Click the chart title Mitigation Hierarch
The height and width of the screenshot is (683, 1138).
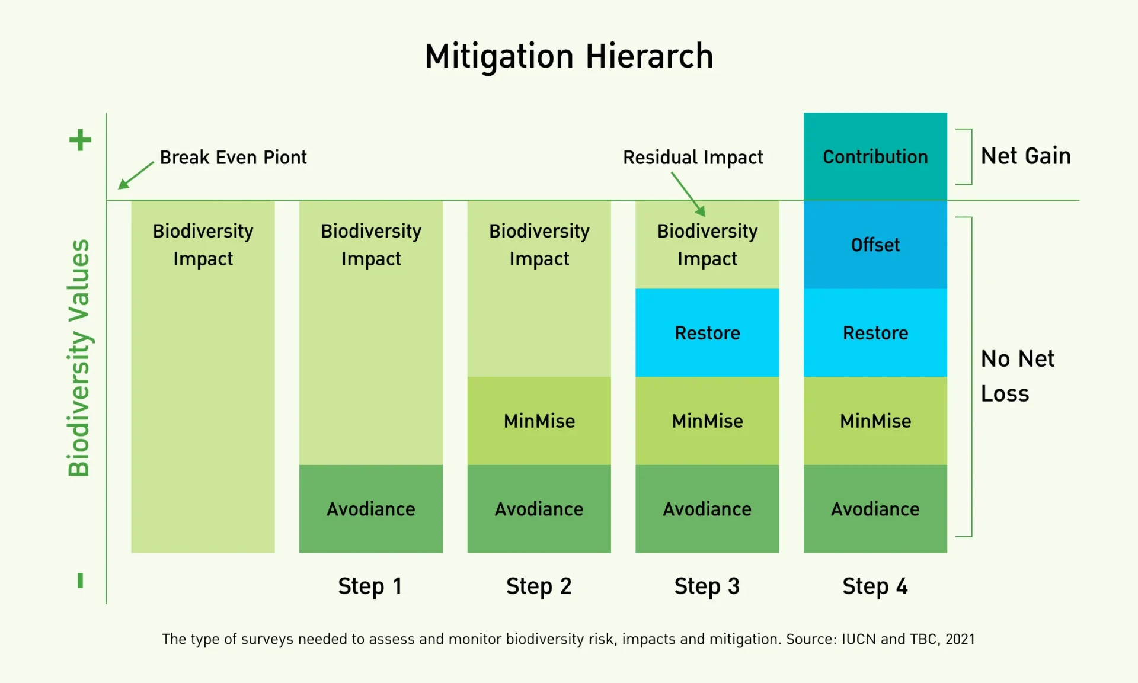[x=569, y=57]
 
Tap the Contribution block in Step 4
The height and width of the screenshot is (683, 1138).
[x=875, y=156]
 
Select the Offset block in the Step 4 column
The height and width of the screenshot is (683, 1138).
[x=875, y=245]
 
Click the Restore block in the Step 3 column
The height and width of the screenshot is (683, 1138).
[x=707, y=333]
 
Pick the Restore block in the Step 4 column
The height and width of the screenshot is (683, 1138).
[x=875, y=333]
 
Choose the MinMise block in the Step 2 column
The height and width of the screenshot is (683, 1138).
[x=539, y=421]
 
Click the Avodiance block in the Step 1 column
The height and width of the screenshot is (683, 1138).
[x=371, y=509]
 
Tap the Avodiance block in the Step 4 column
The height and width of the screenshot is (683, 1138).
[x=875, y=509]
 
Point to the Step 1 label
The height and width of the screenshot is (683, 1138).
[x=370, y=586]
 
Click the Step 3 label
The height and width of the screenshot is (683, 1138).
[x=707, y=586]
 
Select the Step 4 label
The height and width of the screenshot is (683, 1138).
[x=875, y=586]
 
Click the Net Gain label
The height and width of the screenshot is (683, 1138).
[x=1026, y=156]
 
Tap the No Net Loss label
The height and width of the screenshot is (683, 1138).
[x=1018, y=376]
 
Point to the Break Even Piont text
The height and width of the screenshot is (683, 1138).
[x=234, y=158]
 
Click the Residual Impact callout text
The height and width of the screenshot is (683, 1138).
[x=693, y=158]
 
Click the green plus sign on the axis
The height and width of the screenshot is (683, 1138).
[x=80, y=140]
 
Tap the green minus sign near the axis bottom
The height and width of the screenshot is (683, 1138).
[x=80, y=581]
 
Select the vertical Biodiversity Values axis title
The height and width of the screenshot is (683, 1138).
[x=79, y=358]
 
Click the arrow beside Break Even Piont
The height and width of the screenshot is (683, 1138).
[x=136, y=176]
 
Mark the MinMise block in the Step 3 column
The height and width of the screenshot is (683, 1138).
[x=707, y=421]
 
